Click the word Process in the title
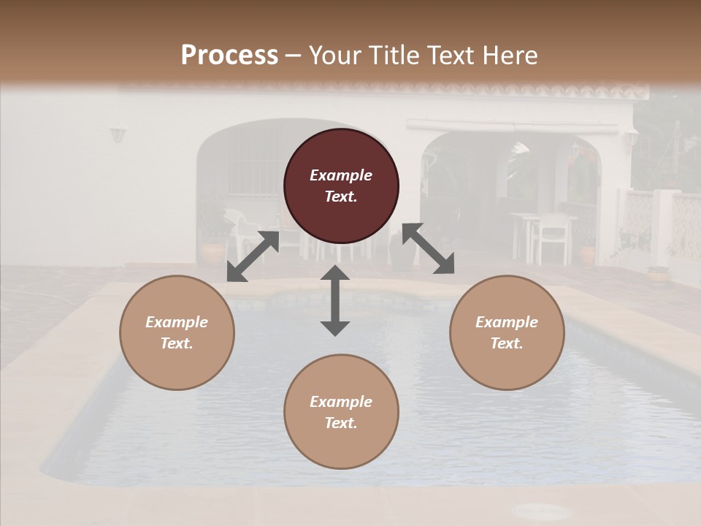click(229, 55)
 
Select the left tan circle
click(177, 332)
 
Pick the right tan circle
click(507, 332)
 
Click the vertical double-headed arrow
click(335, 300)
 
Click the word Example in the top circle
click(341, 175)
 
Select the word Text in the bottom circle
click(341, 423)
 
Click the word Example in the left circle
click(177, 322)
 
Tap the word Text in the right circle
click(507, 343)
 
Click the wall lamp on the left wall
click(118, 134)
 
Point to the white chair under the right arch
click(553, 237)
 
